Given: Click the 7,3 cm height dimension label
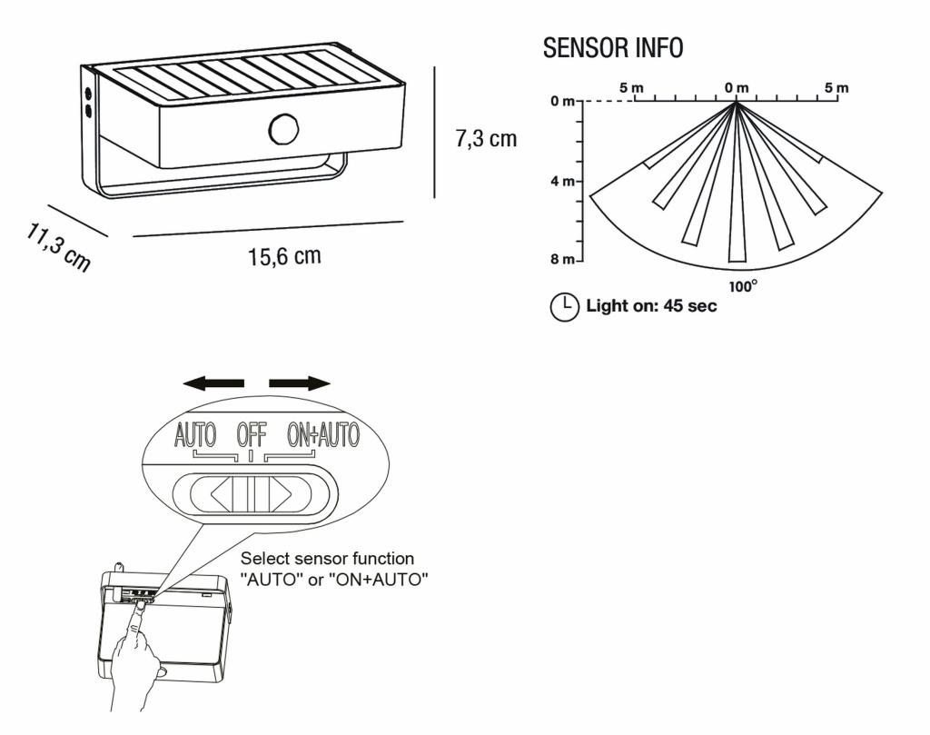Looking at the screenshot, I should [x=486, y=139].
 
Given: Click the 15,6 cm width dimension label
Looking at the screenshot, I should [x=284, y=257].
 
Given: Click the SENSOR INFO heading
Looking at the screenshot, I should [x=613, y=48].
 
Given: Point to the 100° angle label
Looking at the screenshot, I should [x=743, y=285].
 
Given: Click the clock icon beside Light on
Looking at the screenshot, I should [x=564, y=307].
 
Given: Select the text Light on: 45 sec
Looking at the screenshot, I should [x=651, y=306].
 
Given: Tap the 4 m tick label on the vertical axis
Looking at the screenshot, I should [x=561, y=181].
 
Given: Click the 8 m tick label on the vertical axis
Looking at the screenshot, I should [x=561, y=260].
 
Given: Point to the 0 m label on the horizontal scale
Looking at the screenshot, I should [x=736, y=87].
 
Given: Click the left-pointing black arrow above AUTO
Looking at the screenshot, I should [x=213, y=383].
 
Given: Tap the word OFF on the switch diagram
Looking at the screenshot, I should [x=252, y=435].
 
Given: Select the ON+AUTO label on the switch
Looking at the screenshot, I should [x=322, y=435].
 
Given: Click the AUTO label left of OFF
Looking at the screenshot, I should [x=195, y=435].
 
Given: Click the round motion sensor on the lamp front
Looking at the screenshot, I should [x=284, y=128].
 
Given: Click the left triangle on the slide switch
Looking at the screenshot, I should [x=221, y=495].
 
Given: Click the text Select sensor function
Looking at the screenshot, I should [x=327, y=559].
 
